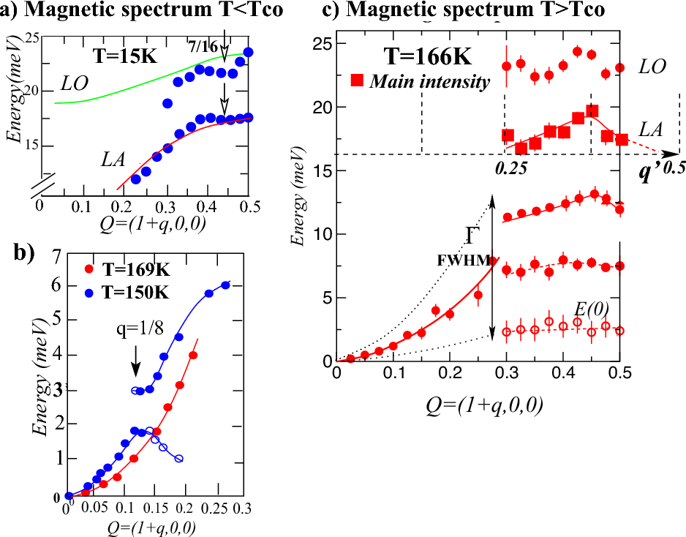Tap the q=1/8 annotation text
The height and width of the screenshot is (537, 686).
(136, 328)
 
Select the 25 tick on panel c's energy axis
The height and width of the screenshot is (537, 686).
(322, 43)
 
